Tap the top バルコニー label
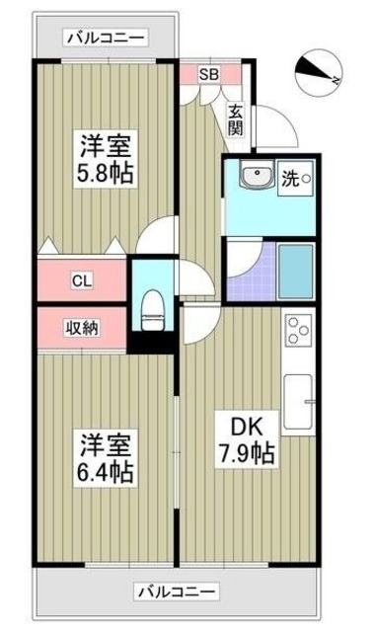point(105,38)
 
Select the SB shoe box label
point(209,73)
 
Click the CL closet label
point(82,279)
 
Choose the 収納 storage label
point(82,328)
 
